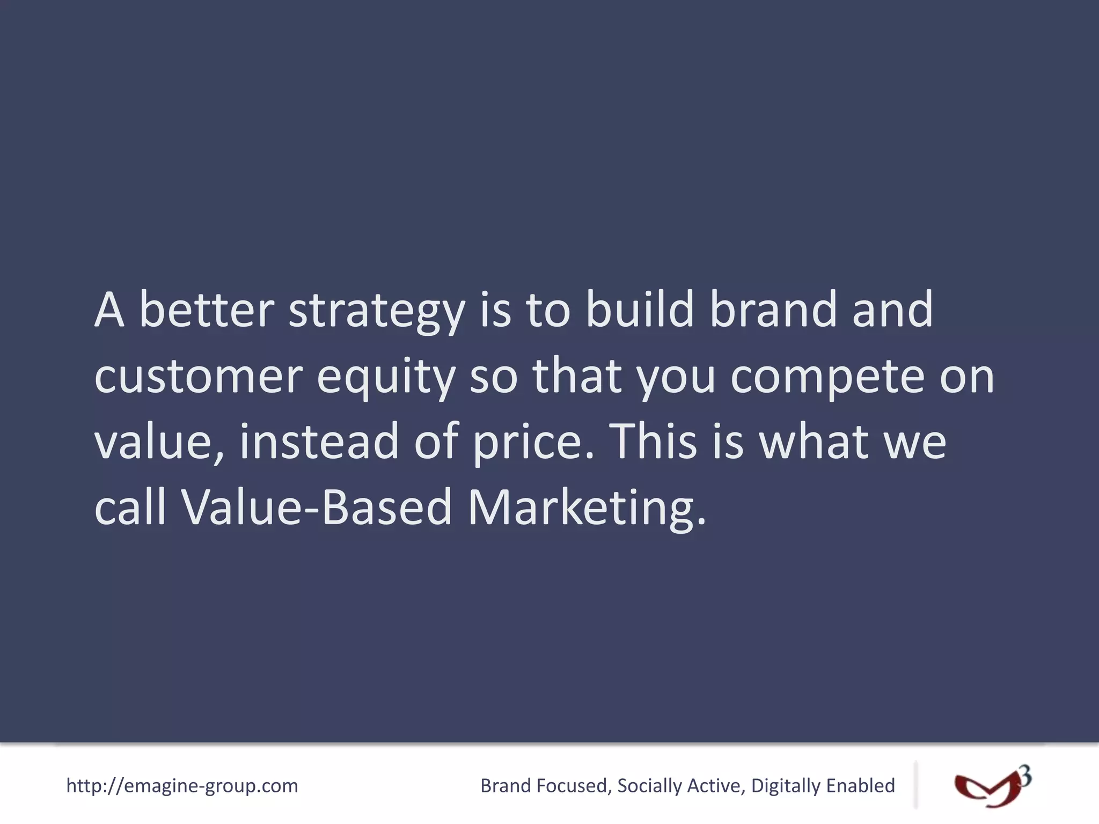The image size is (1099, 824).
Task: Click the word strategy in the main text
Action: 376,311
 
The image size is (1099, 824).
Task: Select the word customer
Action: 198,377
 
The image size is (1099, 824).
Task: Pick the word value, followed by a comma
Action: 159,442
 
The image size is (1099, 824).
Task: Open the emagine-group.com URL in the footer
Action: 182,786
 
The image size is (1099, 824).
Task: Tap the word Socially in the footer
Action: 649,786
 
